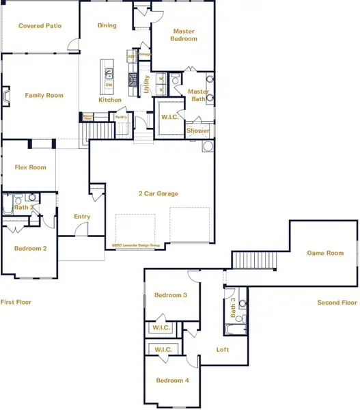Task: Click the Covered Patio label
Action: pos(40,26)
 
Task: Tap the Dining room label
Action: pos(107,26)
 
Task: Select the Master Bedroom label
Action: pos(184,35)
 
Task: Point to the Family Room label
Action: pos(44,96)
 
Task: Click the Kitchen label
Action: pos(109,100)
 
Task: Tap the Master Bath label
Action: pos(198,96)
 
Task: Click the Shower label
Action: pos(198,131)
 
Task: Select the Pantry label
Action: pos(121,117)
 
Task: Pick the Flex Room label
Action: pos(30,167)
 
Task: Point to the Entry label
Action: pos(82,217)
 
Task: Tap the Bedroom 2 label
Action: pos(30,248)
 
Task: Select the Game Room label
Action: pos(324,253)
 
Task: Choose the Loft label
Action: pos(223,350)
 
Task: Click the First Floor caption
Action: pos(16,302)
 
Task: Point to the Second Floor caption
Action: pos(337,302)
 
